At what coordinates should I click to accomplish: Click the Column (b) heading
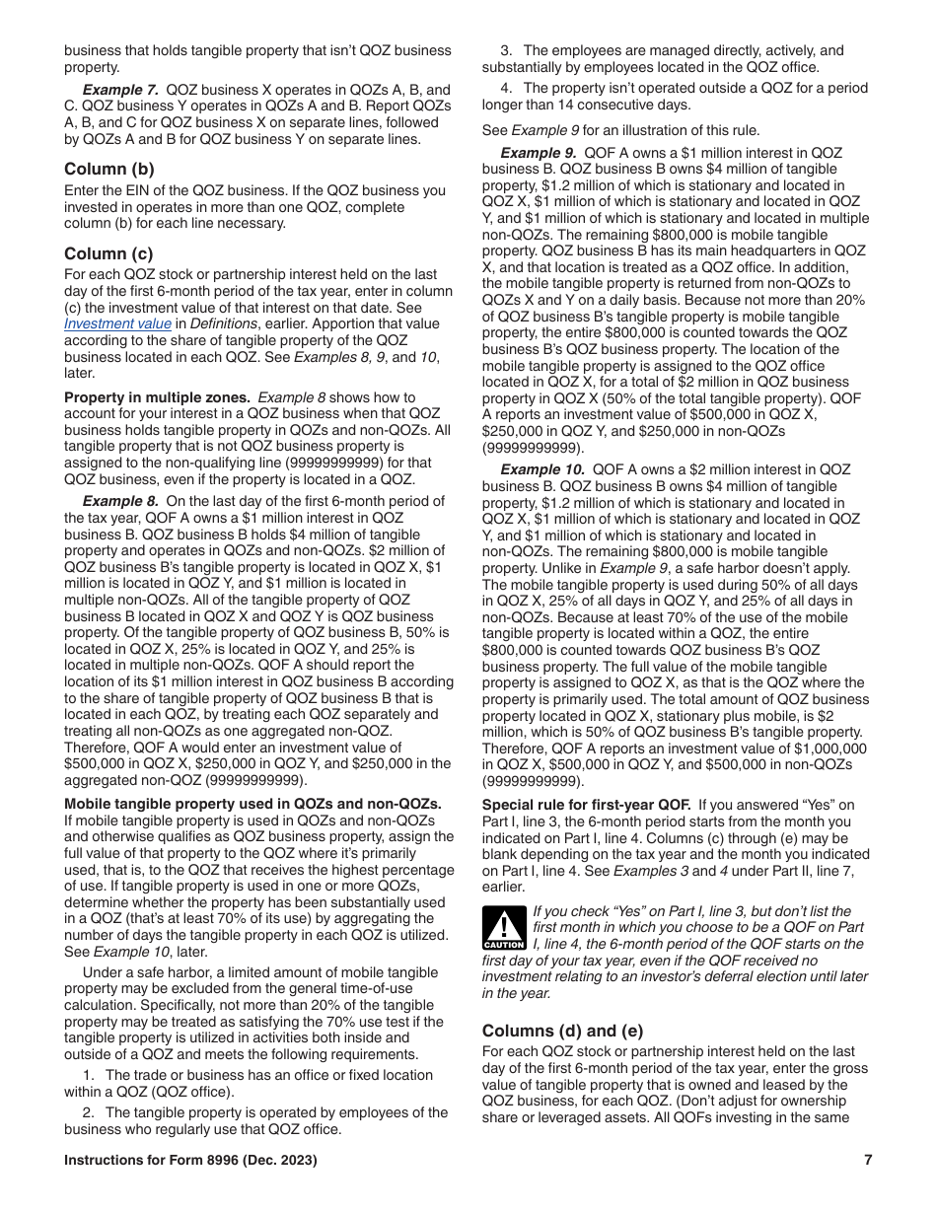(109, 169)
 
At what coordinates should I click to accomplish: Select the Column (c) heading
(109, 253)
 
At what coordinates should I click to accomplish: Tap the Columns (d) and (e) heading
(562, 1031)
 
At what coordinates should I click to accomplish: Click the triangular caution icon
(503, 928)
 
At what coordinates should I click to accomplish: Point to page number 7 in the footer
(868, 1161)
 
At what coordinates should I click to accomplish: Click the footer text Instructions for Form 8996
(190, 1161)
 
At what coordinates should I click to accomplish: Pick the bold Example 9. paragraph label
(539, 153)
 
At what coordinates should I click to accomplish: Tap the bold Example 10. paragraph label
(542, 469)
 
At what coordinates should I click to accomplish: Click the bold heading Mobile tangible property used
(252, 805)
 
